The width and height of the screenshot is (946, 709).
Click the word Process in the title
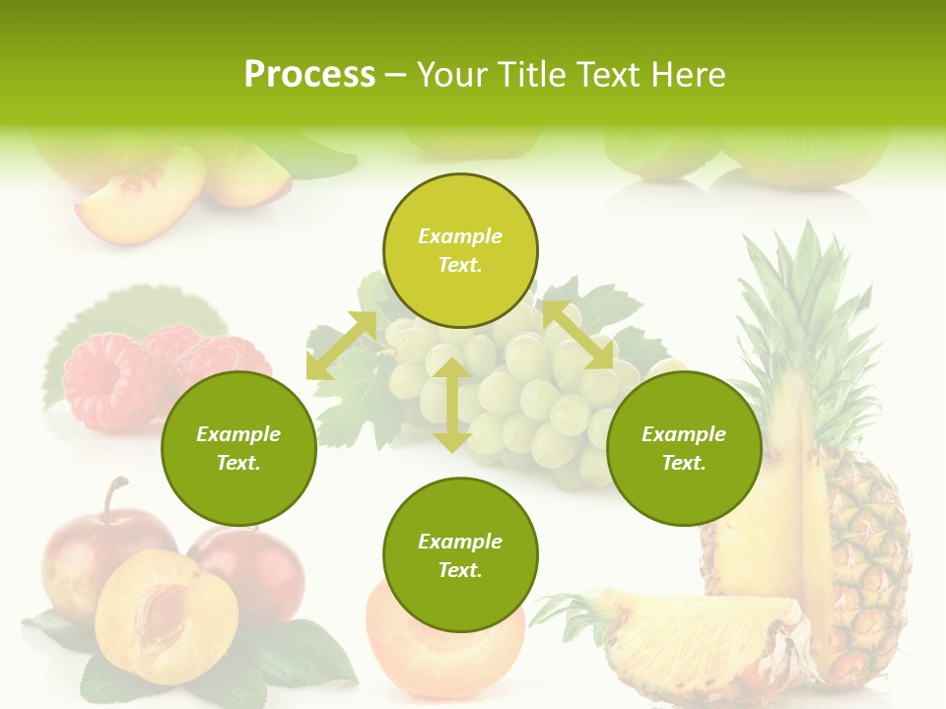[309, 75]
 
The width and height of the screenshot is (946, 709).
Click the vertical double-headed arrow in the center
[451, 405]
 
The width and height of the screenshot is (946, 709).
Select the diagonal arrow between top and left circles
[341, 346]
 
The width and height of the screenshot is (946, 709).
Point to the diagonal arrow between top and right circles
[578, 335]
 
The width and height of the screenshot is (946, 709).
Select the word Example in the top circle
[460, 236]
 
